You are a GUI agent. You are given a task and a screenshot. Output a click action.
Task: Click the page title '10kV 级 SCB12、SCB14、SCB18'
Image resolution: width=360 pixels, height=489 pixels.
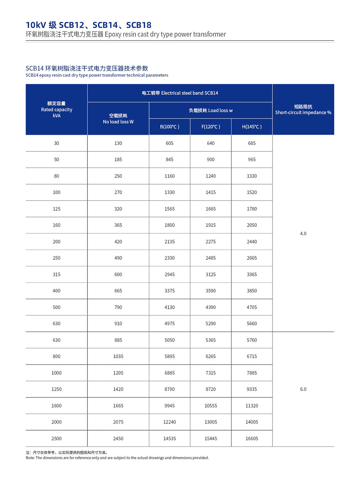click(89, 25)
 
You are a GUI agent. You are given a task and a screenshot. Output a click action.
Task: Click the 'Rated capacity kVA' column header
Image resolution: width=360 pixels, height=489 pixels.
click(57, 110)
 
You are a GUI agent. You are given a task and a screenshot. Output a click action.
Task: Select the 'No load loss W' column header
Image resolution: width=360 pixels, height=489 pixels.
click(118, 119)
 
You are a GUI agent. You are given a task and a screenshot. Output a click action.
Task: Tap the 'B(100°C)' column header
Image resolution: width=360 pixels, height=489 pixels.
click(170, 126)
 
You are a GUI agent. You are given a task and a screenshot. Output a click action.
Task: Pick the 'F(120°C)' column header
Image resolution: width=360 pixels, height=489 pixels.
click(211, 126)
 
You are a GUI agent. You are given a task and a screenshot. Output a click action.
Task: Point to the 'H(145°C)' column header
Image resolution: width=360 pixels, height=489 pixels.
click(252, 126)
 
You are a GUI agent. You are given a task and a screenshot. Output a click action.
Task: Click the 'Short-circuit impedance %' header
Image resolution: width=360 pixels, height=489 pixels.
click(303, 110)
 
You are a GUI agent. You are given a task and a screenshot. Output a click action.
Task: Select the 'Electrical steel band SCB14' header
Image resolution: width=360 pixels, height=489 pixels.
click(180, 93)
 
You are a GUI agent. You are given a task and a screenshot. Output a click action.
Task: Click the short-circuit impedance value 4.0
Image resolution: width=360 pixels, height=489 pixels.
click(303, 234)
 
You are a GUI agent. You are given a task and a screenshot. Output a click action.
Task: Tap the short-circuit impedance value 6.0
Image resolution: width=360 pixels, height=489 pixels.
click(303, 389)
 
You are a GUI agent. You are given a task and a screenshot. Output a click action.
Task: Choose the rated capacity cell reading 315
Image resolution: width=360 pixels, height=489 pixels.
click(57, 274)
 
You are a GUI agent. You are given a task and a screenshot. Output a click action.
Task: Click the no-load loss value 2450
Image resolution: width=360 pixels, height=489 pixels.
click(118, 439)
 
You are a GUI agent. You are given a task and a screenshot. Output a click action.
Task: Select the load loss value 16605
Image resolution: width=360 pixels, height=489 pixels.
click(252, 439)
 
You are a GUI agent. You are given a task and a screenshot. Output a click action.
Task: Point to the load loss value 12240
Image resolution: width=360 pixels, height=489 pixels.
click(170, 422)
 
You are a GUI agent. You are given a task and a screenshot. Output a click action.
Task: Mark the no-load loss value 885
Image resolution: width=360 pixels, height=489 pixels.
click(118, 340)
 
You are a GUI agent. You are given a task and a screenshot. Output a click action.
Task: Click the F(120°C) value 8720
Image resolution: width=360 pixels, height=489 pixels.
click(211, 389)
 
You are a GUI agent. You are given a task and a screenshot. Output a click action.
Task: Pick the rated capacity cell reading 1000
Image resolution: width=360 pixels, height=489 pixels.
click(57, 373)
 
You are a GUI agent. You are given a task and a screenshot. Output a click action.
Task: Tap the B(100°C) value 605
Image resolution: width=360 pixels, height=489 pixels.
click(170, 143)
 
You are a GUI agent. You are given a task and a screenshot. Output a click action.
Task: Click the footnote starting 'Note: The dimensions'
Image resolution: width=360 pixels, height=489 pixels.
click(117, 458)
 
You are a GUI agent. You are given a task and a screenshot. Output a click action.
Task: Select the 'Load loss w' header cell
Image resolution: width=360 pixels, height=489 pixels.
click(211, 110)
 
